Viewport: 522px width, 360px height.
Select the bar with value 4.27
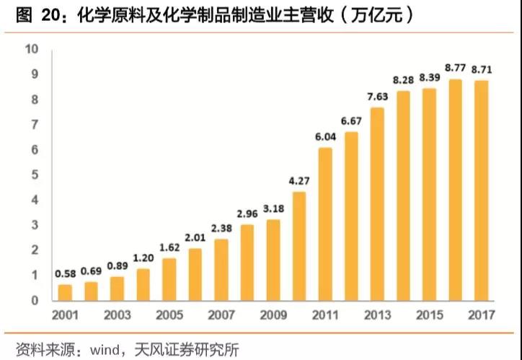[299, 246]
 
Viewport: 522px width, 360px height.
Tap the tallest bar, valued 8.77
[455, 190]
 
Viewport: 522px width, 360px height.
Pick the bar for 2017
[481, 190]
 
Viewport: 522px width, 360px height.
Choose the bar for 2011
[325, 224]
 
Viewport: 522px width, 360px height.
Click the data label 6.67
[351, 119]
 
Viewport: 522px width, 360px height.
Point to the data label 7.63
[377, 97]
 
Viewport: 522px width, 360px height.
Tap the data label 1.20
[143, 257]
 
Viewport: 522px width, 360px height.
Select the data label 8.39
[429, 77]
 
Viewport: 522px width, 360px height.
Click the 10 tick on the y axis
[31, 49]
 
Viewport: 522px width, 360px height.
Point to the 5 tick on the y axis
[34, 175]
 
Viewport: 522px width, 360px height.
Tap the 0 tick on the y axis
[34, 300]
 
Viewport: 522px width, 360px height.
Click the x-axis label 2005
[169, 315]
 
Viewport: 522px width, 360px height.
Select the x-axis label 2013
[377, 315]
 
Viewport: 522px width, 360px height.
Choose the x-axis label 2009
[273, 315]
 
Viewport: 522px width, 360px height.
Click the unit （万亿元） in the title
[376, 16]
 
